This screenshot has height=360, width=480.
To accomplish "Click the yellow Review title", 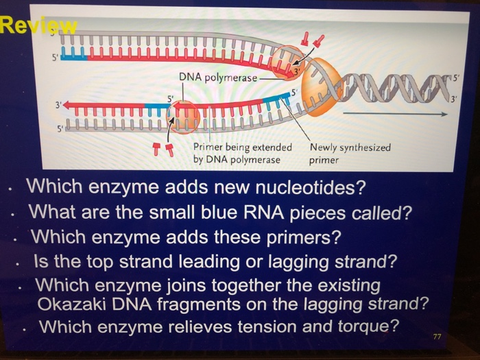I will coord(38,27).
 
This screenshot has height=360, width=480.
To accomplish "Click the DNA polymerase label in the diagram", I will coord(218,77).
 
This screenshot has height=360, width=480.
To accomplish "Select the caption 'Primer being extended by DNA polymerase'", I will coord(242,153).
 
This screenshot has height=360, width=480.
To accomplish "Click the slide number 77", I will coord(438,337).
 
